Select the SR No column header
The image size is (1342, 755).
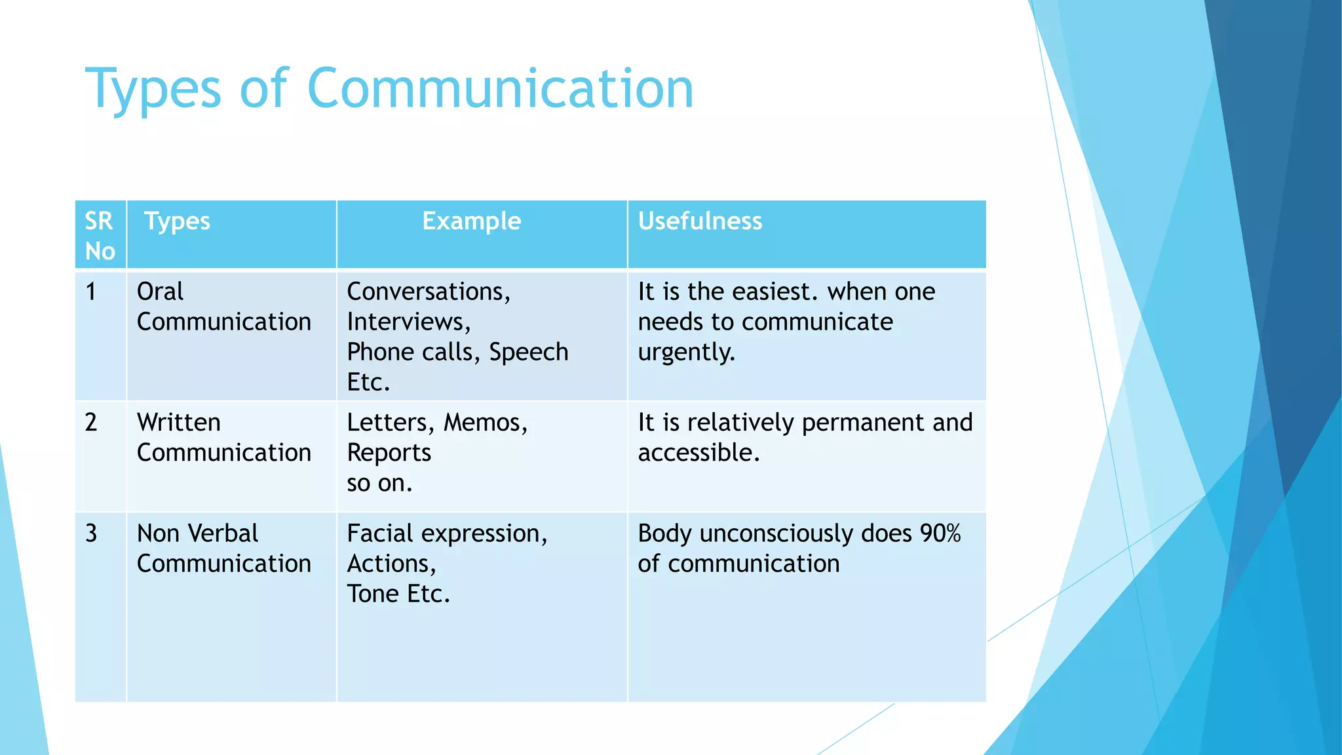point(100,235)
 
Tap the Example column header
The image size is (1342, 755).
point(471,221)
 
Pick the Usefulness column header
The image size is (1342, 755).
point(700,221)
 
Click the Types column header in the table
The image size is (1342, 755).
point(177,221)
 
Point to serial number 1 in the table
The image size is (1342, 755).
point(91,292)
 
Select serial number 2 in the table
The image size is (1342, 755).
point(91,422)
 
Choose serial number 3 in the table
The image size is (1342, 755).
point(91,533)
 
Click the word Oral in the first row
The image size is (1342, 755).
point(160,292)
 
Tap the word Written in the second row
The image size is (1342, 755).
point(179,422)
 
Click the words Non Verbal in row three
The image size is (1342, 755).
point(197,533)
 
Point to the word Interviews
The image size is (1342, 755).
point(408,322)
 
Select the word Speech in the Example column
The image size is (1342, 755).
point(529,352)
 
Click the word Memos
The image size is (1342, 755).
point(485,423)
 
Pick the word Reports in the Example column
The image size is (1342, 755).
point(389,453)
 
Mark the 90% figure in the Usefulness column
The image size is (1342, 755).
point(940,533)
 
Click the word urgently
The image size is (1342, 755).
point(686,353)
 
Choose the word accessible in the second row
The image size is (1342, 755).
point(699,453)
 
